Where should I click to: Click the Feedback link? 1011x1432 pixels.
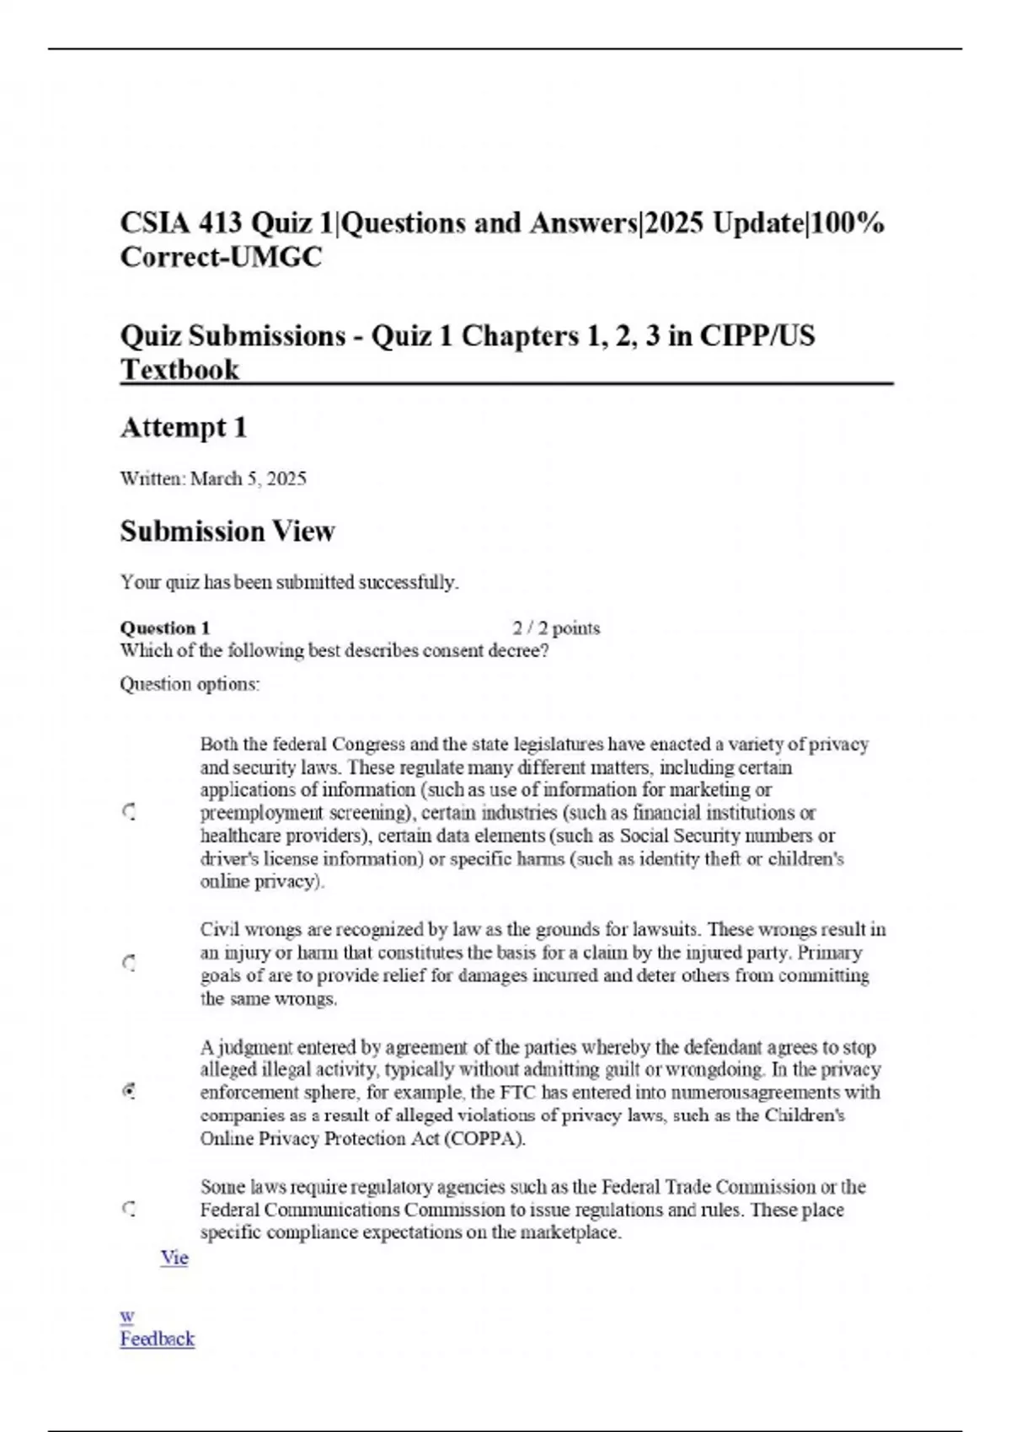coord(157,1338)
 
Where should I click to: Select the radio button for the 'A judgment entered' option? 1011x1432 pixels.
coord(129,1092)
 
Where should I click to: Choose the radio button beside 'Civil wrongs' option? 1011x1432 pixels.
coord(129,963)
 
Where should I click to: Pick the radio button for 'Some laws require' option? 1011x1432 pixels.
coord(129,1210)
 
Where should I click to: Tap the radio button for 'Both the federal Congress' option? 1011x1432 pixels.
coord(129,813)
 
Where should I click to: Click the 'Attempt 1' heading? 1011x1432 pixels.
coord(184,428)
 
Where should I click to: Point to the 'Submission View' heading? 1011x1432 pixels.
coord(227,532)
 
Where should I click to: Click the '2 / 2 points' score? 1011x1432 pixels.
coord(556,628)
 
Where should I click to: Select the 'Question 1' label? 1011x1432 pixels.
coord(165,628)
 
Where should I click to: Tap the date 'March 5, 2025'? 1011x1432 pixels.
coord(249,479)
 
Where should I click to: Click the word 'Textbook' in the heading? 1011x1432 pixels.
coord(179,370)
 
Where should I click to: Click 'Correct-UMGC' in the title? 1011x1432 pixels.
coord(221,257)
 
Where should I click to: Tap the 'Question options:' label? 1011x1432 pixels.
coord(190,684)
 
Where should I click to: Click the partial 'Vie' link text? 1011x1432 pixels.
coord(174,1258)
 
